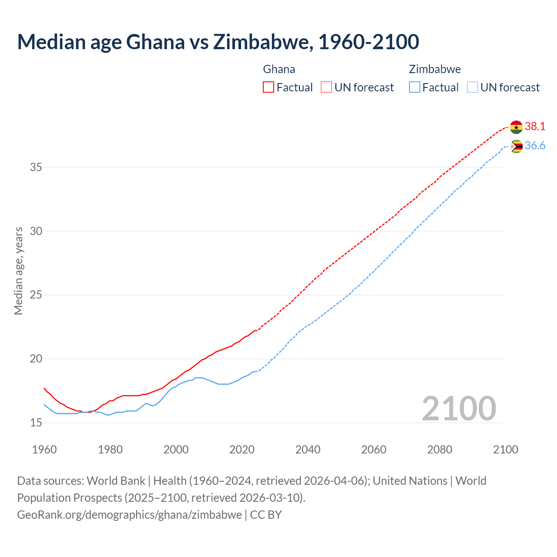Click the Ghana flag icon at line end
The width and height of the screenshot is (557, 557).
click(x=516, y=127)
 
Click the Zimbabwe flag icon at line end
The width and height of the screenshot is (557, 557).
click(x=516, y=146)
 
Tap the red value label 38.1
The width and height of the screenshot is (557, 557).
click(x=535, y=127)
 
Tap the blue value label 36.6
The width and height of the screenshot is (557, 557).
click(x=535, y=146)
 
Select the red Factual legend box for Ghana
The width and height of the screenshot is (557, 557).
click(x=268, y=87)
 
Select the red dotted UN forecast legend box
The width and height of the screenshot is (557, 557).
click(x=326, y=87)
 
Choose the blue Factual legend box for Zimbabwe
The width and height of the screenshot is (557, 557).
click(x=415, y=87)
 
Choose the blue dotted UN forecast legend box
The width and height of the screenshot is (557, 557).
click(x=472, y=87)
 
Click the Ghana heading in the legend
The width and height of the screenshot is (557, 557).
click(x=279, y=69)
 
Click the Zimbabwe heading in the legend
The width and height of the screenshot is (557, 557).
click(x=435, y=69)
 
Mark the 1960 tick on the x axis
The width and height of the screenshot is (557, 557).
click(x=44, y=450)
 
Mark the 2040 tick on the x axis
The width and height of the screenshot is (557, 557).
click(x=308, y=450)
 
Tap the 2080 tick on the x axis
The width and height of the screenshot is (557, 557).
click(x=440, y=450)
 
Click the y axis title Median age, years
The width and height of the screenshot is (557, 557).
click(x=18, y=271)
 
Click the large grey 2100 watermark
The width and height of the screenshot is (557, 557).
click(x=459, y=408)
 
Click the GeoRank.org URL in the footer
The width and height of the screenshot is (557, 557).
click(x=129, y=515)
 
